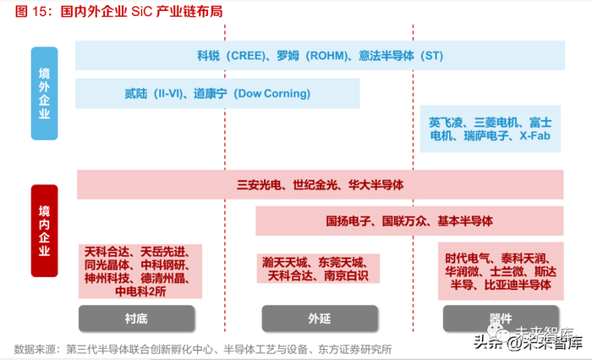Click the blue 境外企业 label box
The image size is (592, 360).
click(x=45, y=92)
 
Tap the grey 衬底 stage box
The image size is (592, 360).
click(x=137, y=318)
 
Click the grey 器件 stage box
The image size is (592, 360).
click(x=501, y=318)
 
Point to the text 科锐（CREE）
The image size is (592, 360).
click(x=233, y=56)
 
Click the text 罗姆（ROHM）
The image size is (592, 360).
click(x=310, y=56)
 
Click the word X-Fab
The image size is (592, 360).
click(x=536, y=135)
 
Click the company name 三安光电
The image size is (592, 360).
click(x=261, y=184)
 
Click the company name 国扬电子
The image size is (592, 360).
click(x=350, y=221)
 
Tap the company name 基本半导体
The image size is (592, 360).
click(x=465, y=221)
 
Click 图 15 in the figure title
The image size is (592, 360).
click(x=31, y=14)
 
